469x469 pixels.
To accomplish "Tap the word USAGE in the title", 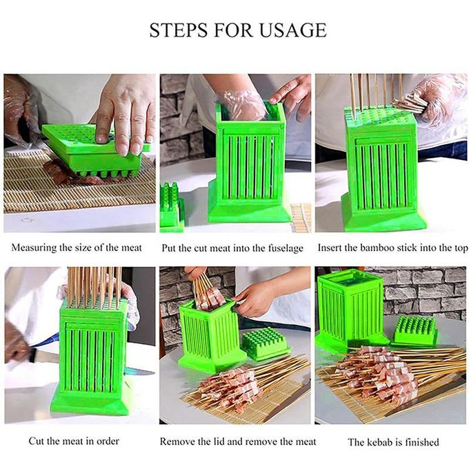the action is pos(292,30).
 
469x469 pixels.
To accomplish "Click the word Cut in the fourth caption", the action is pos(35,441).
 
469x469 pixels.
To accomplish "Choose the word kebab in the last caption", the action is pos(379,442).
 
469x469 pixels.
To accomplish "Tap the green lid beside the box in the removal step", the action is pos(266,343).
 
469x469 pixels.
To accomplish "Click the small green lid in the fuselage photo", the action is pos(172,207).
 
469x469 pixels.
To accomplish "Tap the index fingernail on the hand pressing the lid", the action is pos(102,138).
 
